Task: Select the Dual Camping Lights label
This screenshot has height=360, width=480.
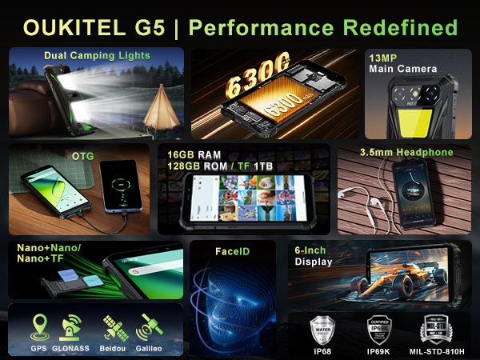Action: tap(97, 56)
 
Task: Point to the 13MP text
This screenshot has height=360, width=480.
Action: tap(383, 58)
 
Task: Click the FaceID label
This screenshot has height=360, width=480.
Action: tap(232, 251)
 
